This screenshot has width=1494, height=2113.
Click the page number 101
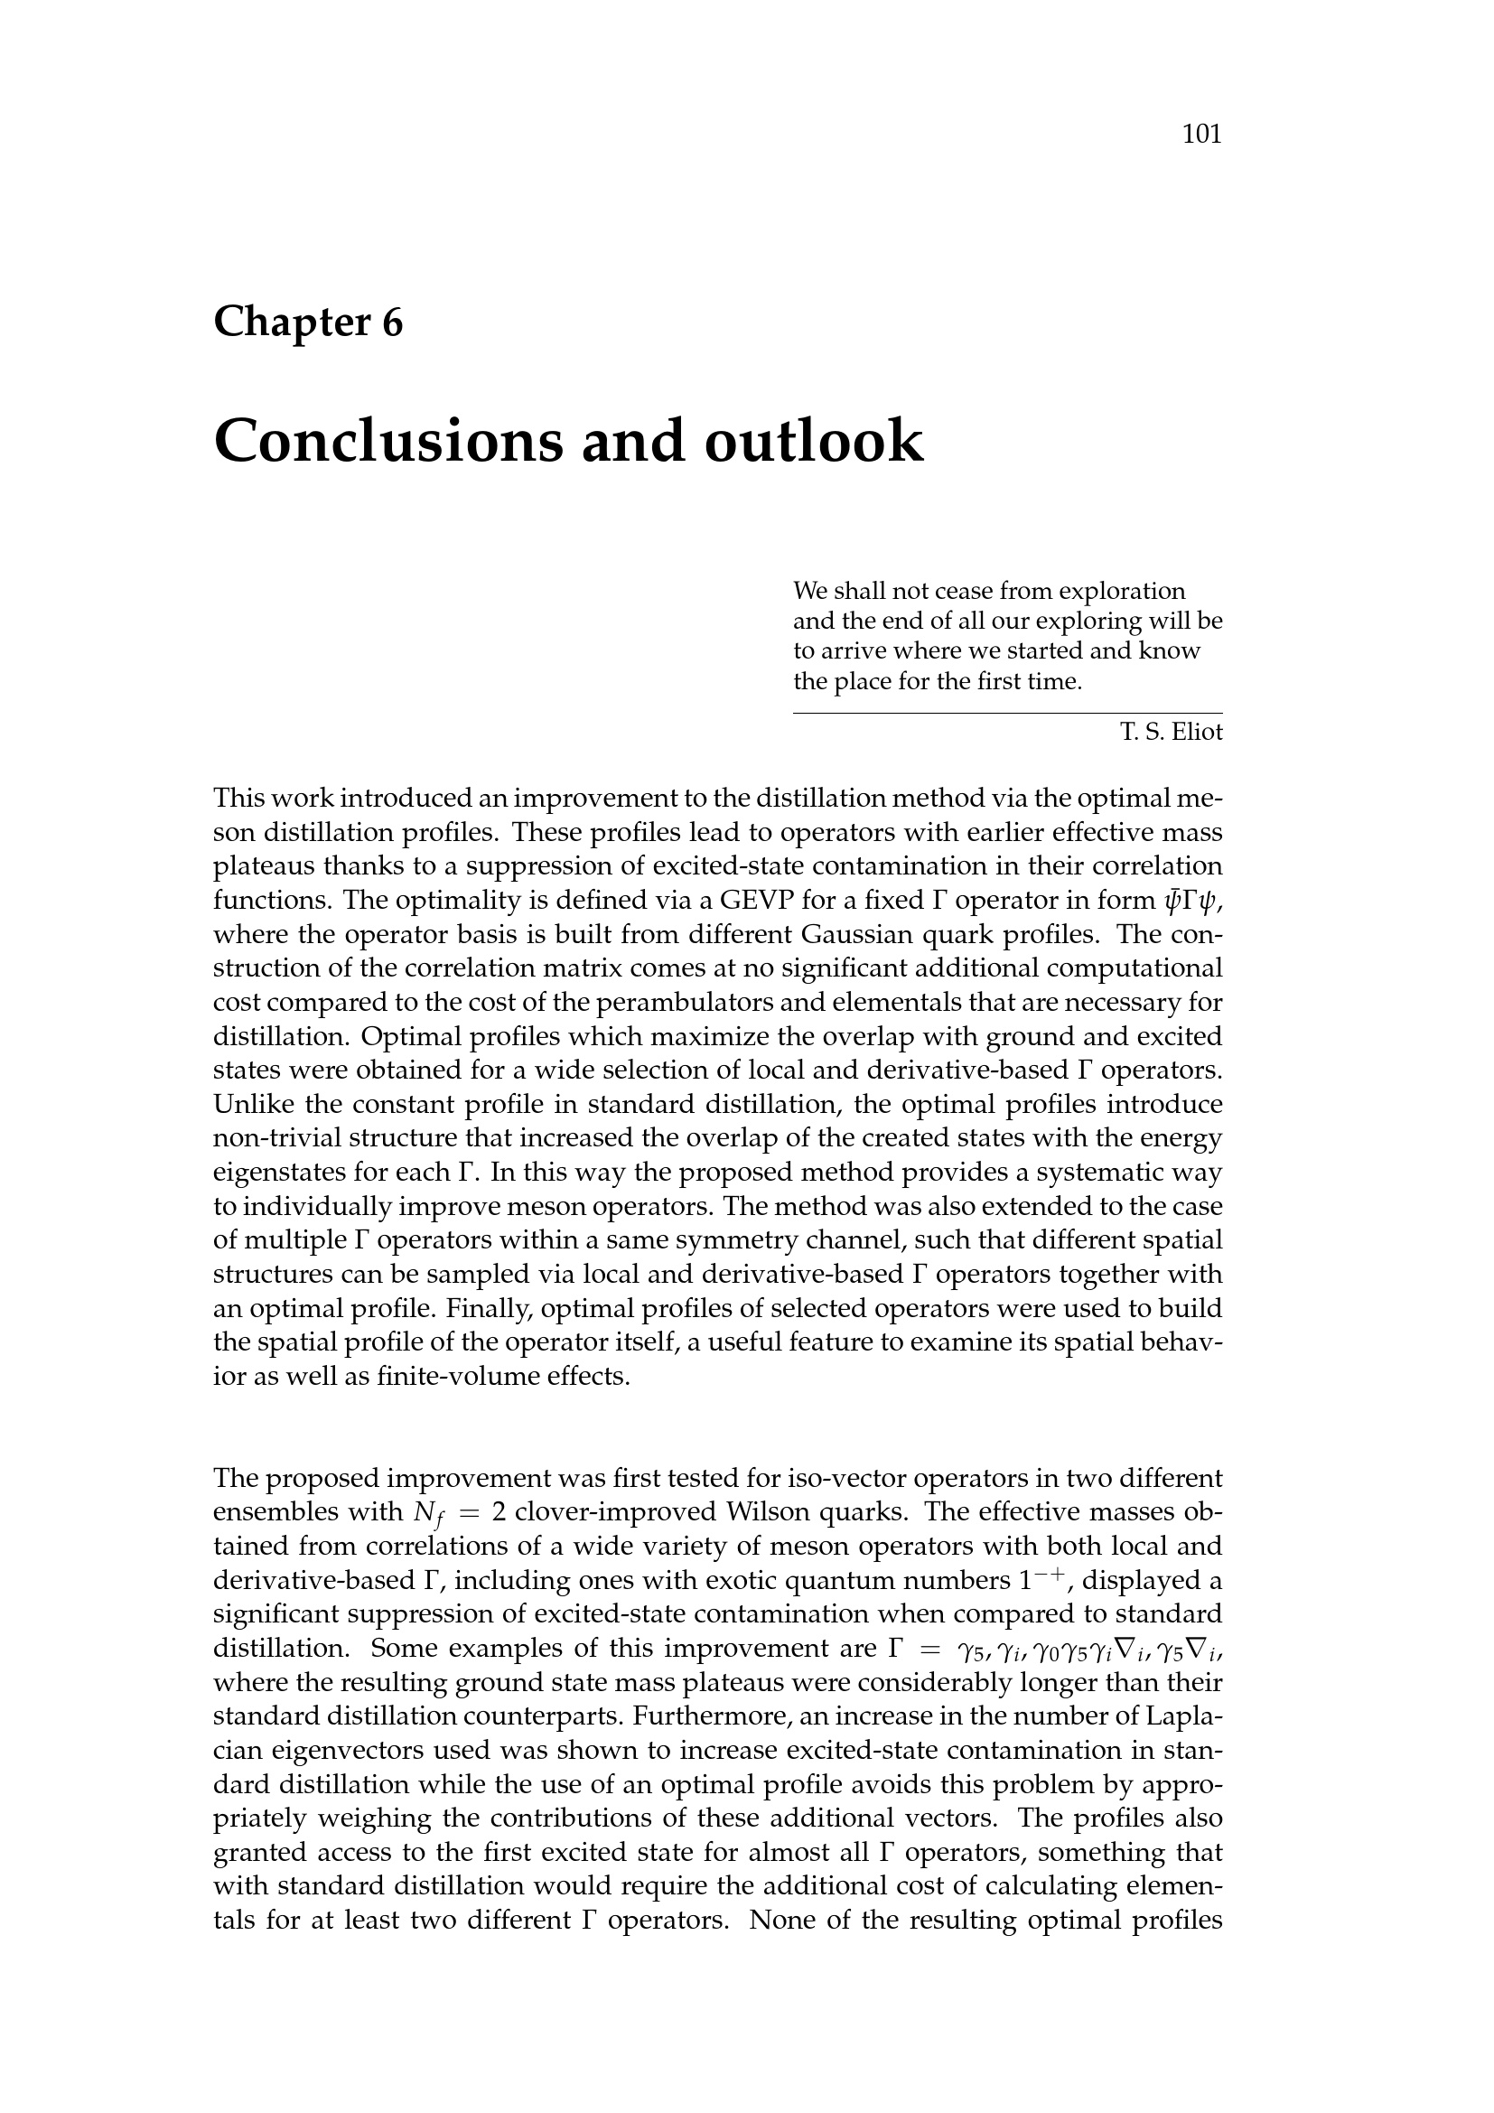[x=1201, y=135]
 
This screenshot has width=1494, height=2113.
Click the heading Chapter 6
[x=308, y=323]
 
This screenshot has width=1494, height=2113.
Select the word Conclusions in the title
[x=388, y=441]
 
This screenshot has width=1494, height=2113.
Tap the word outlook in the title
[x=813, y=441]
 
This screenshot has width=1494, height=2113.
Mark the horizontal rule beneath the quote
[x=1007, y=714]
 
